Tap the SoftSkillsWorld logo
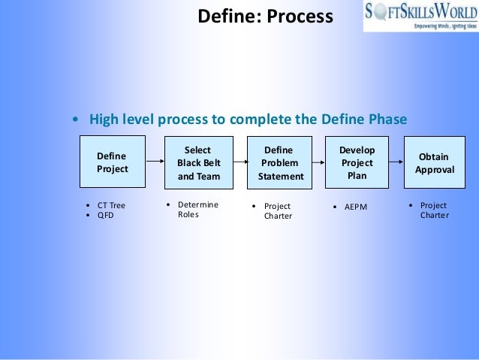420,15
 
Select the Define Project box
113,162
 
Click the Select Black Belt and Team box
199,163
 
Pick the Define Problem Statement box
281,163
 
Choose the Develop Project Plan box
357,163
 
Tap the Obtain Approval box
434,163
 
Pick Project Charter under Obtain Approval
434,210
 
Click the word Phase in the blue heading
388,119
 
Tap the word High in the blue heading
104,119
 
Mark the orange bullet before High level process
75,120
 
